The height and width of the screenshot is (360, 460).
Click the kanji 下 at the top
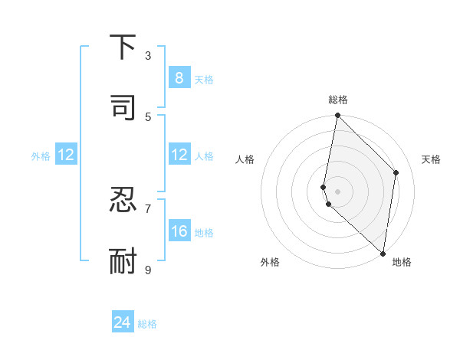(123, 47)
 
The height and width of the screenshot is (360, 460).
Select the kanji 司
(123, 107)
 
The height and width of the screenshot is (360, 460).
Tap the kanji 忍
(123, 201)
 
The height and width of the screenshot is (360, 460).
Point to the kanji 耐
(123, 260)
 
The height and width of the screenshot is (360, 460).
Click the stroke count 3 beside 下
(148, 56)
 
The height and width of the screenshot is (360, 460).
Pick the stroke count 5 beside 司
(148, 116)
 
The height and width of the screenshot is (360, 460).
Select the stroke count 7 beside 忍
(148, 208)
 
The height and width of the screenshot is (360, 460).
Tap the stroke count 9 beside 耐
(148, 269)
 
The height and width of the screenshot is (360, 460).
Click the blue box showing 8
(179, 77)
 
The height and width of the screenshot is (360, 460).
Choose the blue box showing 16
(179, 231)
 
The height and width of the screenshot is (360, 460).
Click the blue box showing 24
(123, 322)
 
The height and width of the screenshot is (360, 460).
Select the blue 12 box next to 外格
(65, 155)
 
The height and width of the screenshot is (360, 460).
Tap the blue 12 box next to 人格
(179, 155)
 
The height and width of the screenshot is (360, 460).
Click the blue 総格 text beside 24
(147, 324)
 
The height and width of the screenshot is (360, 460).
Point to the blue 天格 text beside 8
(204, 79)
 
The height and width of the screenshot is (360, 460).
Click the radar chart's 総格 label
(337, 100)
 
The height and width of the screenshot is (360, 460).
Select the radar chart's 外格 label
(270, 262)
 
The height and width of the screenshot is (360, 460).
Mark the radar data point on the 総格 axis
(337, 116)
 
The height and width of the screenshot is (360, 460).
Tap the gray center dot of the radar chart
(337, 191)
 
